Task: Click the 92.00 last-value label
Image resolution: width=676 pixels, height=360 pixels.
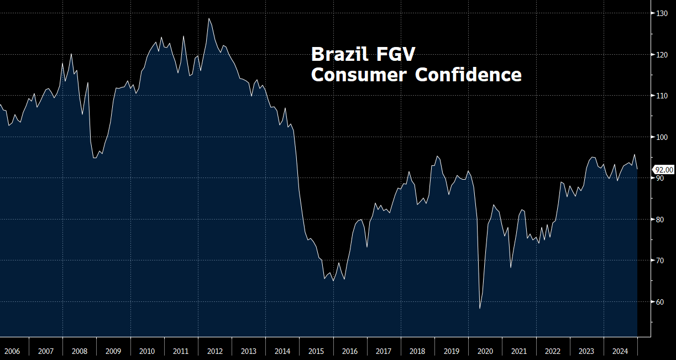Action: click(664, 170)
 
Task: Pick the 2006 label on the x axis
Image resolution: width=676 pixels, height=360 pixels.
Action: click(12, 351)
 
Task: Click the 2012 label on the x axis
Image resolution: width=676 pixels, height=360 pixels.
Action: click(214, 351)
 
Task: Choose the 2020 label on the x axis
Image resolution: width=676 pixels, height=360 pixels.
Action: click(485, 351)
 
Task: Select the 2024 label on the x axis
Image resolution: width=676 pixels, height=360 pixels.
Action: click(620, 351)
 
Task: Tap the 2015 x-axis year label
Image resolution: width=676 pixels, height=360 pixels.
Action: click(316, 351)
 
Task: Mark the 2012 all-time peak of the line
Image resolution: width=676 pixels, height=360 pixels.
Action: click(209, 18)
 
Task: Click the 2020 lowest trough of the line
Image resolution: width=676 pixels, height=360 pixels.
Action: click(480, 309)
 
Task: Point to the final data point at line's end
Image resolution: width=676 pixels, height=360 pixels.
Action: click(637, 169)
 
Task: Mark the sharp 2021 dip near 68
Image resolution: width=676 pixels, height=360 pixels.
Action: click(511, 268)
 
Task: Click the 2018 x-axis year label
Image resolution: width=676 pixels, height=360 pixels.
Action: click(417, 351)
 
